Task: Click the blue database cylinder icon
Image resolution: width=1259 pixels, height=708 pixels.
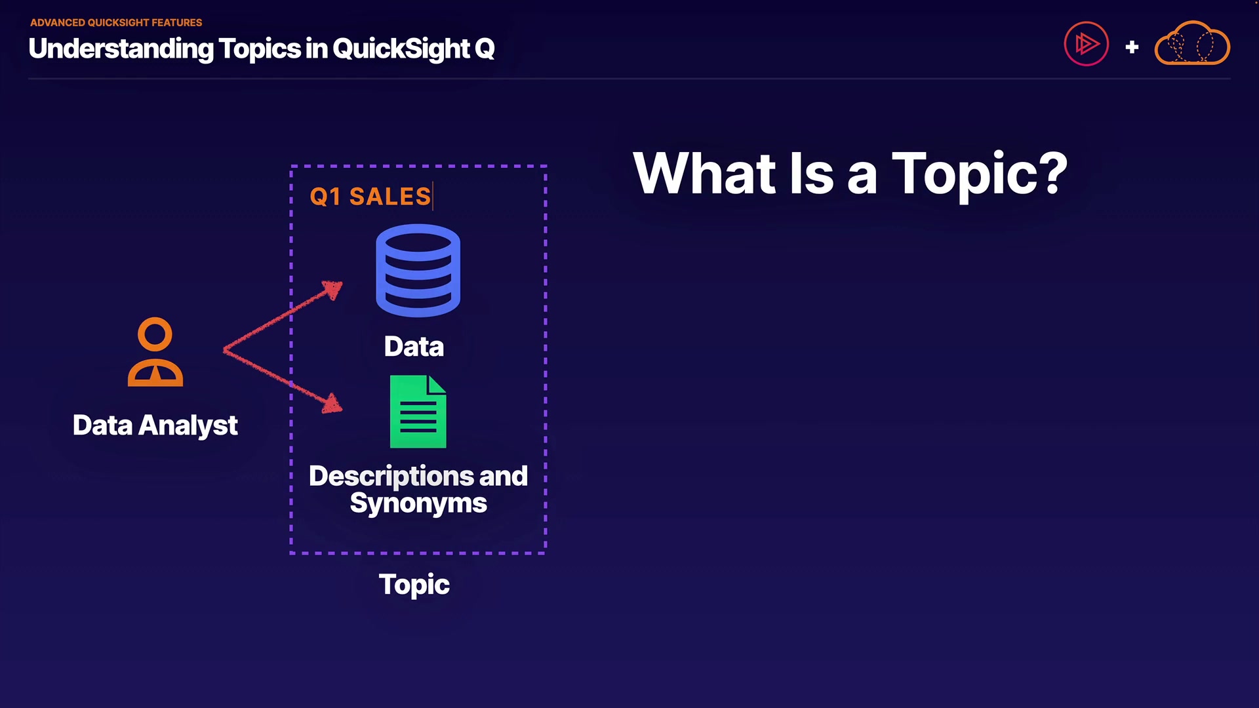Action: pos(418,270)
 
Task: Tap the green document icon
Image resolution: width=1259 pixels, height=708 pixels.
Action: pos(418,412)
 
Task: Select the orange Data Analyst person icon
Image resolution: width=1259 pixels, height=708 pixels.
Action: pos(155,352)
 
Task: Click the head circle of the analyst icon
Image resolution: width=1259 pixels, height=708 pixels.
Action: pos(155,334)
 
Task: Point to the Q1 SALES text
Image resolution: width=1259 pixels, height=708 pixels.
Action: pos(370,197)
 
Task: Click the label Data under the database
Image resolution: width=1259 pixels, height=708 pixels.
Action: pos(414,346)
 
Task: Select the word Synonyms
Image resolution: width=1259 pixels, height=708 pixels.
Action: pos(418,503)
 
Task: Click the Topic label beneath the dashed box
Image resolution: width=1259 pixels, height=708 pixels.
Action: pos(414,585)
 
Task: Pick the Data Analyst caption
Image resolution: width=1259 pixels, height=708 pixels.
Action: pos(155,425)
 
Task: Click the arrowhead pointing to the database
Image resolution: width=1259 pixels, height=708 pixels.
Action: pos(332,289)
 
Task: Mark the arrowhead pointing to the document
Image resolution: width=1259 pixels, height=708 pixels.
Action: pos(332,403)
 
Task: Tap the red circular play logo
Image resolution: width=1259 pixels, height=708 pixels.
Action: pos(1087,44)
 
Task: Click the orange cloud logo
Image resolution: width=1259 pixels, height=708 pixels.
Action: pos(1192,43)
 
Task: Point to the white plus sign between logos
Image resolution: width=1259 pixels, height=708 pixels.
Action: pos(1132,47)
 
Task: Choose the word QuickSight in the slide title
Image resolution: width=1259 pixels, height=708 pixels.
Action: pos(401,49)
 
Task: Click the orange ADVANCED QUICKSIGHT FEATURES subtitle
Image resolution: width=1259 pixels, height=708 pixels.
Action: pos(116,22)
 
